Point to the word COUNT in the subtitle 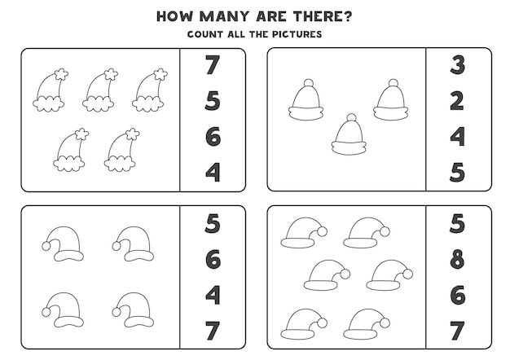[x=206, y=34]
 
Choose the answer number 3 [x=457, y=65]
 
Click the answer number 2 [x=457, y=101]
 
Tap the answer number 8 [x=457, y=260]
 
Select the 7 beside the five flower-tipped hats [x=213, y=65]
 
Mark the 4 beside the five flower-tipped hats [x=213, y=173]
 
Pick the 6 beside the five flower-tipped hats [x=213, y=137]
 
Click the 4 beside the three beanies [x=457, y=137]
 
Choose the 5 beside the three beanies [x=457, y=173]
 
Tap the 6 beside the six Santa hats [x=457, y=296]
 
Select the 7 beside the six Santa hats [x=457, y=331]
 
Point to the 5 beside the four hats [x=213, y=223]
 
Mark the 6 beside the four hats [x=213, y=260]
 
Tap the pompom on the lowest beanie [x=351, y=117]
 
